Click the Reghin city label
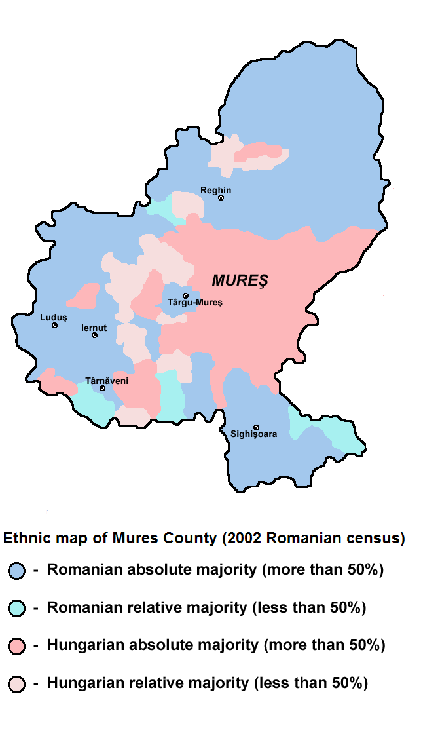(215, 190)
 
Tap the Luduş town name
(54, 316)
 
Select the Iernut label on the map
(94, 327)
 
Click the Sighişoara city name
(253, 434)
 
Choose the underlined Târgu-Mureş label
(195, 303)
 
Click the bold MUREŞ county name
(240, 280)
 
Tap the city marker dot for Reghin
(221, 197)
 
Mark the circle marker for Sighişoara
(256, 427)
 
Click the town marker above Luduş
(55, 325)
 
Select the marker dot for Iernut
(95, 335)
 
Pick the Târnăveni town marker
(103, 388)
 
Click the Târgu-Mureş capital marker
(186, 296)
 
